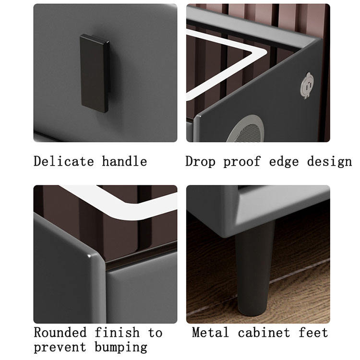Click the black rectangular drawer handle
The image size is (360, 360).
click(x=95, y=73)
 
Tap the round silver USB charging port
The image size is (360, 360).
click(x=307, y=85)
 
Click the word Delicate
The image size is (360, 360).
click(x=64, y=161)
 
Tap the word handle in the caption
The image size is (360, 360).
click(x=124, y=161)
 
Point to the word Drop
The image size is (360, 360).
click(x=200, y=161)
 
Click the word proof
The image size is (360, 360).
click(x=242, y=161)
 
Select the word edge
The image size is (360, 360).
click(x=284, y=162)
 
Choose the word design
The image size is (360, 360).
click(x=329, y=162)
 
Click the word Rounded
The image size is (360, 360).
click(x=60, y=332)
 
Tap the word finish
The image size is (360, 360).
click(x=117, y=332)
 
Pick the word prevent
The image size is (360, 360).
click(x=60, y=348)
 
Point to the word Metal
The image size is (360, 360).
click(x=211, y=332)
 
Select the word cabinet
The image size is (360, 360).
click(x=264, y=332)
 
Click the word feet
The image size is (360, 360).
click(x=313, y=332)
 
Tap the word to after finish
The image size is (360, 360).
click(x=155, y=333)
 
